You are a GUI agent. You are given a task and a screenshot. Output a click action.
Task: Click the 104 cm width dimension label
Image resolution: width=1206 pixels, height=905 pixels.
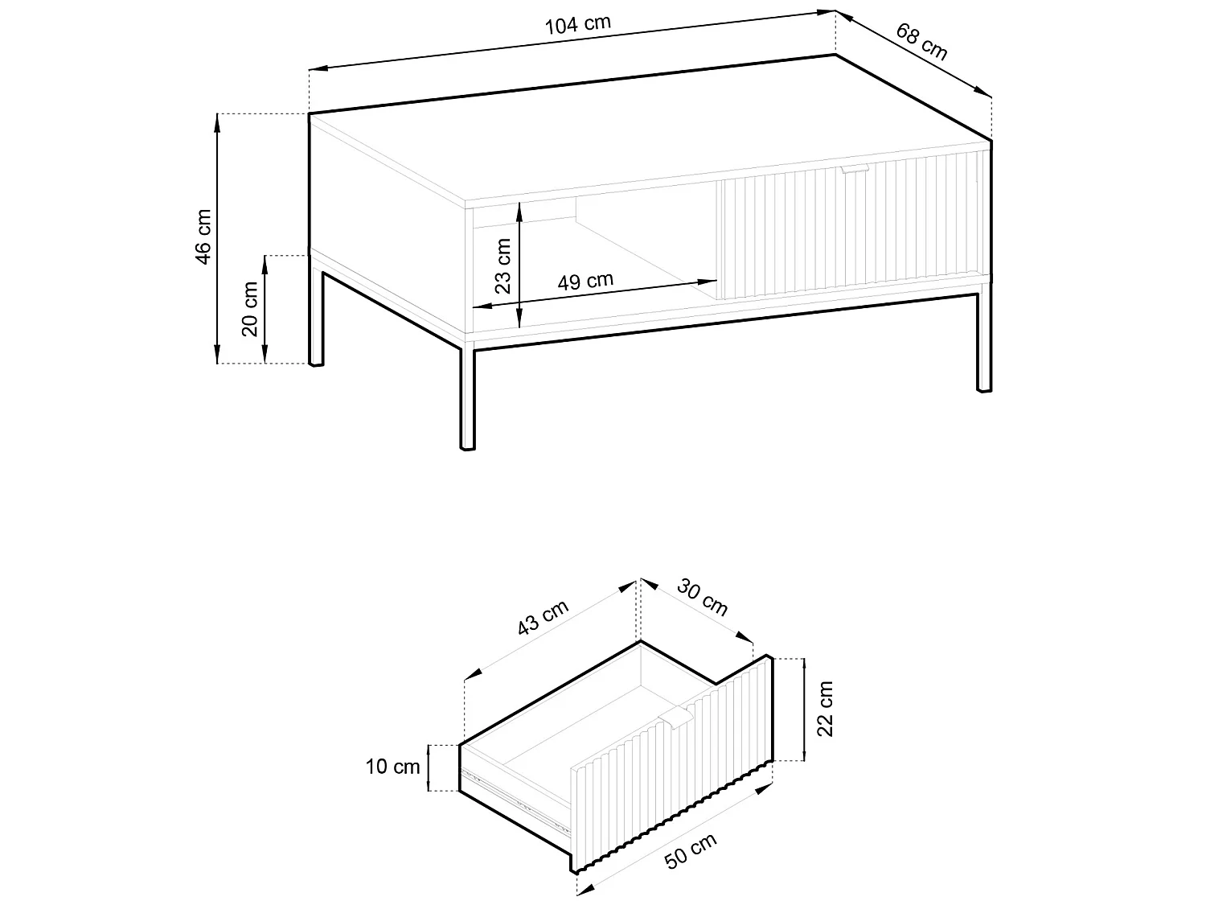pyautogui.click(x=577, y=24)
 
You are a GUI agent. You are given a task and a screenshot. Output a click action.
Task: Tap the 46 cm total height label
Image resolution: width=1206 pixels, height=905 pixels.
pyautogui.click(x=203, y=237)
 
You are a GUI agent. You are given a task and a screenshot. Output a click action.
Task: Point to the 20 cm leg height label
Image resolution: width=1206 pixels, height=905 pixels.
pyautogui.click(x=250, y=309)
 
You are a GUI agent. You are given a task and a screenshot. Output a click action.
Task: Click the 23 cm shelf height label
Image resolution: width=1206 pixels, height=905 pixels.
pyautogui.click(x=503, y=265)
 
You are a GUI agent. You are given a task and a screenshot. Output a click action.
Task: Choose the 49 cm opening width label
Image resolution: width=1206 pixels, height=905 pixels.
pyautogui.click(x=585, y=282)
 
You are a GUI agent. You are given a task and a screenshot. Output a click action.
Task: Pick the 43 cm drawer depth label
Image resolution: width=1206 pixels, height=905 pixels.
pyautogui.click(x=543, y=619)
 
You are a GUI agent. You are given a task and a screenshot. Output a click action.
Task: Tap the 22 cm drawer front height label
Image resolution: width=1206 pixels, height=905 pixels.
pyautogui.click(x=825, y=708)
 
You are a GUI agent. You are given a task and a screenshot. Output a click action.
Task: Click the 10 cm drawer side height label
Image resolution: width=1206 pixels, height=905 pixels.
pyautogui.click(x=393, y=767)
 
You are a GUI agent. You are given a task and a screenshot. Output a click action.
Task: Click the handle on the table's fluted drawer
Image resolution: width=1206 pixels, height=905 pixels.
pyautogui.click(x=855, y=169)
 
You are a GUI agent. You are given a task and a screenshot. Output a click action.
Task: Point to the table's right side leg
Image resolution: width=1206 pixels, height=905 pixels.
pyautogui.click(x=984, y=342)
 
